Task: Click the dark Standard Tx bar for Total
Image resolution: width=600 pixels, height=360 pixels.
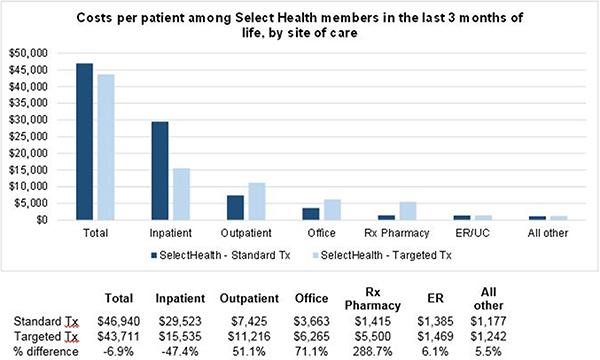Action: (85, 141)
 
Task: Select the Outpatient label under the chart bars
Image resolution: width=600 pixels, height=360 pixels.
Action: (246, 231)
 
